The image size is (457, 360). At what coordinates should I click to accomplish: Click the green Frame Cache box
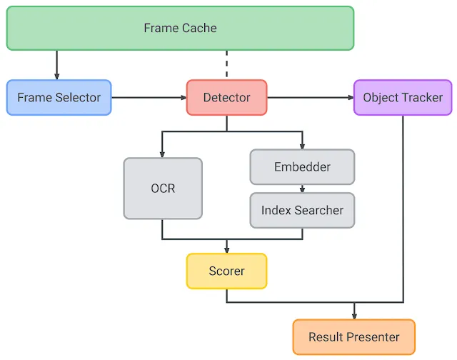tap(180, 29)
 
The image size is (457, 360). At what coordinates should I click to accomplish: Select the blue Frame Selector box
tap(59, 97)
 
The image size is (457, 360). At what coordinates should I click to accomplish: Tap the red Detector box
tap(227, 97)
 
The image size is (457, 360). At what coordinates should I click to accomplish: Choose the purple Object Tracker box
tap(403, 97)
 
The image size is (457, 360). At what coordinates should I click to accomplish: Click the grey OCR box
tap(163, 189)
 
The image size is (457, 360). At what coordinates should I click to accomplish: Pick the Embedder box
tap(302, 166)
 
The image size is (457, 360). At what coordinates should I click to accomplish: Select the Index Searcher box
tap(302, 210)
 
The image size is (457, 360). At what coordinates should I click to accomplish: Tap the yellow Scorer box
tap(227, 271)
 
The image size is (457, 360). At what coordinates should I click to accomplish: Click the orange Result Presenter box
tap(354, 337)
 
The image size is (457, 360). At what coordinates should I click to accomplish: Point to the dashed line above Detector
tap(227, 64)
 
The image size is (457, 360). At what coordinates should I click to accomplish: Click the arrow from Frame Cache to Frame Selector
tap(57, 65)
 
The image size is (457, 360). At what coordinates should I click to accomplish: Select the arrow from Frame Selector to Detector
tap(149, 97)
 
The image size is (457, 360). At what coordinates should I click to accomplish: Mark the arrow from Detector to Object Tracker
tap(311, 97)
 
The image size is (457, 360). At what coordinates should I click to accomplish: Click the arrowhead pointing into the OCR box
tap(162, 154)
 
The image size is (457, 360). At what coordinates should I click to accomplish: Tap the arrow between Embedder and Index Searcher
tap(302, 189)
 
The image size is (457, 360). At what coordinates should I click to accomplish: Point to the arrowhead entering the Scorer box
tap(227, 250)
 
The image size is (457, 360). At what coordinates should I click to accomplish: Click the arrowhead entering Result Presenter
tap(354, 316)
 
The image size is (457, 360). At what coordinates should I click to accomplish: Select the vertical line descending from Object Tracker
tap(403, 209)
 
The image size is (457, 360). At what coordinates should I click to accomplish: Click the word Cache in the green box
tap(200, 29)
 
